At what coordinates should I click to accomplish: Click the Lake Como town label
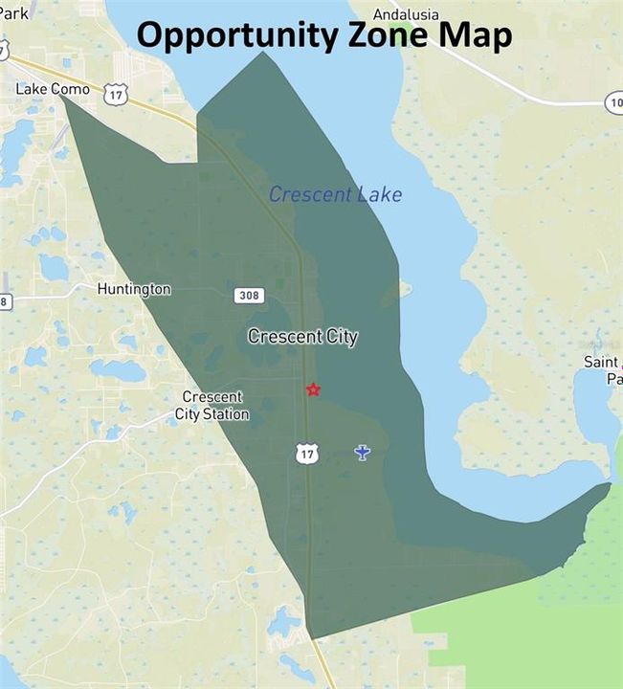pos(53,89)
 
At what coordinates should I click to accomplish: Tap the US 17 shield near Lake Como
pos(117,93)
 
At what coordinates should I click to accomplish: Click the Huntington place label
pos(134,289)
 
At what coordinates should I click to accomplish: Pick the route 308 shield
pos(249,296)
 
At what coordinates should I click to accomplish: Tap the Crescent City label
pos(302,337)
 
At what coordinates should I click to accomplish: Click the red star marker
pos(313,389)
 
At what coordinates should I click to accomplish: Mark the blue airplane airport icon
pos(362,452)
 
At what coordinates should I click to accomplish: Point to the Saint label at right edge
pos(602,363)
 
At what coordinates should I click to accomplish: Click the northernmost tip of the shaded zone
pos(263,53)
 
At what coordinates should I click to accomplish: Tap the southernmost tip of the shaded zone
pos(310,637)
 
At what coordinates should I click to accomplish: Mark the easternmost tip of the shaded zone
pos(610,484)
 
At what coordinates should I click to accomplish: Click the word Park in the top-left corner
pos(13,14)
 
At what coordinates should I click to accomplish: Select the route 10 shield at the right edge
pos(613,102)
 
